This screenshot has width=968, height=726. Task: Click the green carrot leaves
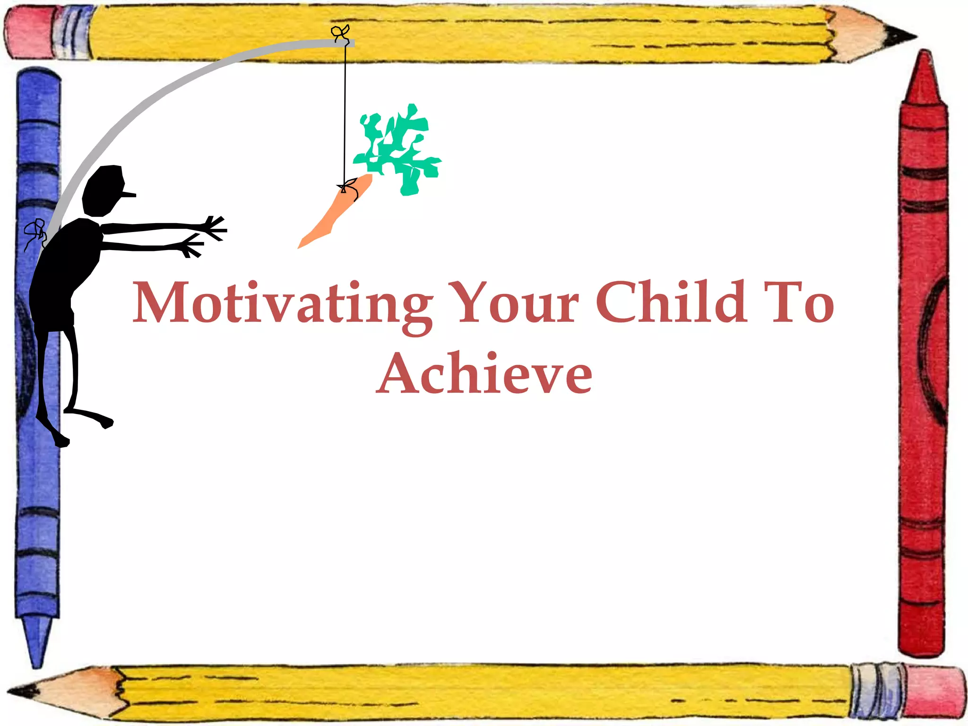(x=399, y=149)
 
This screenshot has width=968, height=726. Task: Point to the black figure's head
(x=104, y=189)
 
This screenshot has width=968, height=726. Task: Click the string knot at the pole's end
(x=340, y=33)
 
